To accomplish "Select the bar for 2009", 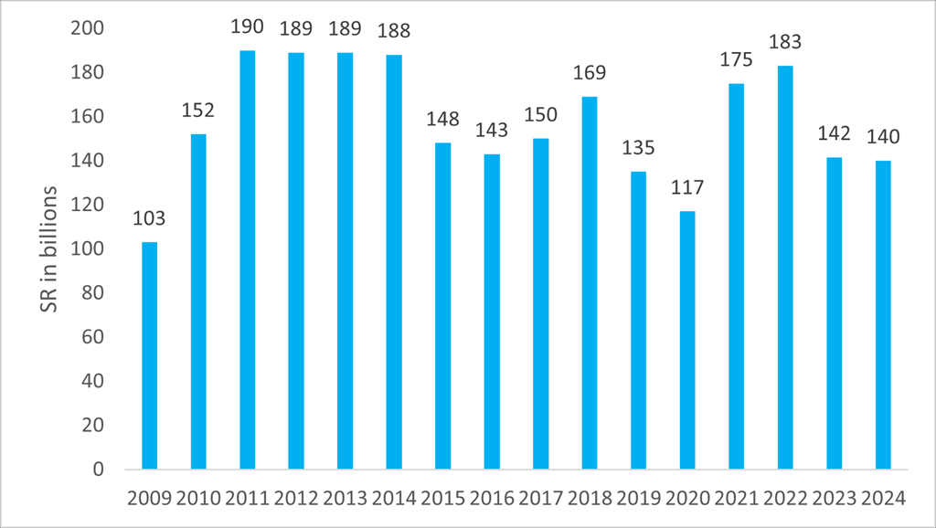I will tap(149, 356).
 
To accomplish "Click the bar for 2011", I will tap(247, 260).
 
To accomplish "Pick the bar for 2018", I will tap(589, 283).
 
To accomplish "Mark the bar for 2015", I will tap(442, 306).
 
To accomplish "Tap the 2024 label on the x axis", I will tap(882, 499).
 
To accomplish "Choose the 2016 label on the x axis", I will tap(491, 499).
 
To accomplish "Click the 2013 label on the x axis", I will tap(345, 499).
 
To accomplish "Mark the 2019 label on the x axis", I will tap(638, 499).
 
